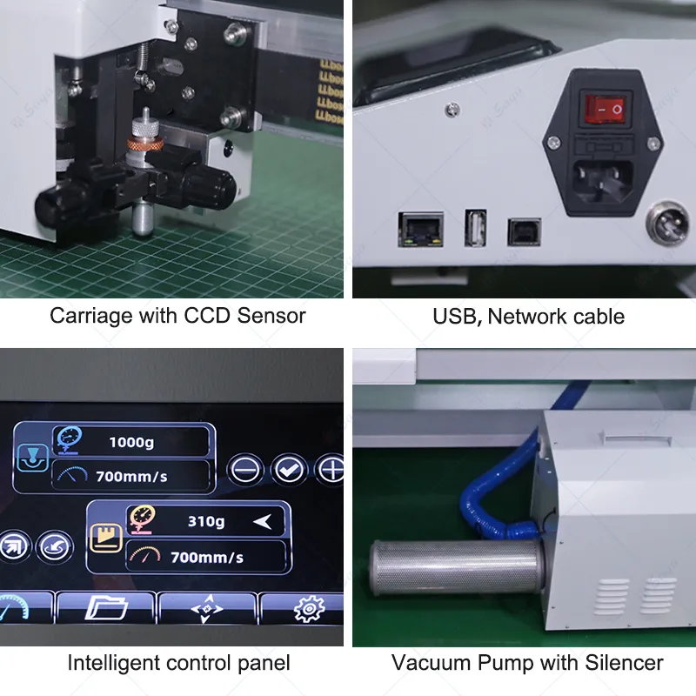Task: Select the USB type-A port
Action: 475,228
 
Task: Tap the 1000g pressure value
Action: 131,442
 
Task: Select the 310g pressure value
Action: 206,522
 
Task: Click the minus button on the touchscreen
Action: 246,470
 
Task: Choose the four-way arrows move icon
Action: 207,609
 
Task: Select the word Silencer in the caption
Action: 622,663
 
